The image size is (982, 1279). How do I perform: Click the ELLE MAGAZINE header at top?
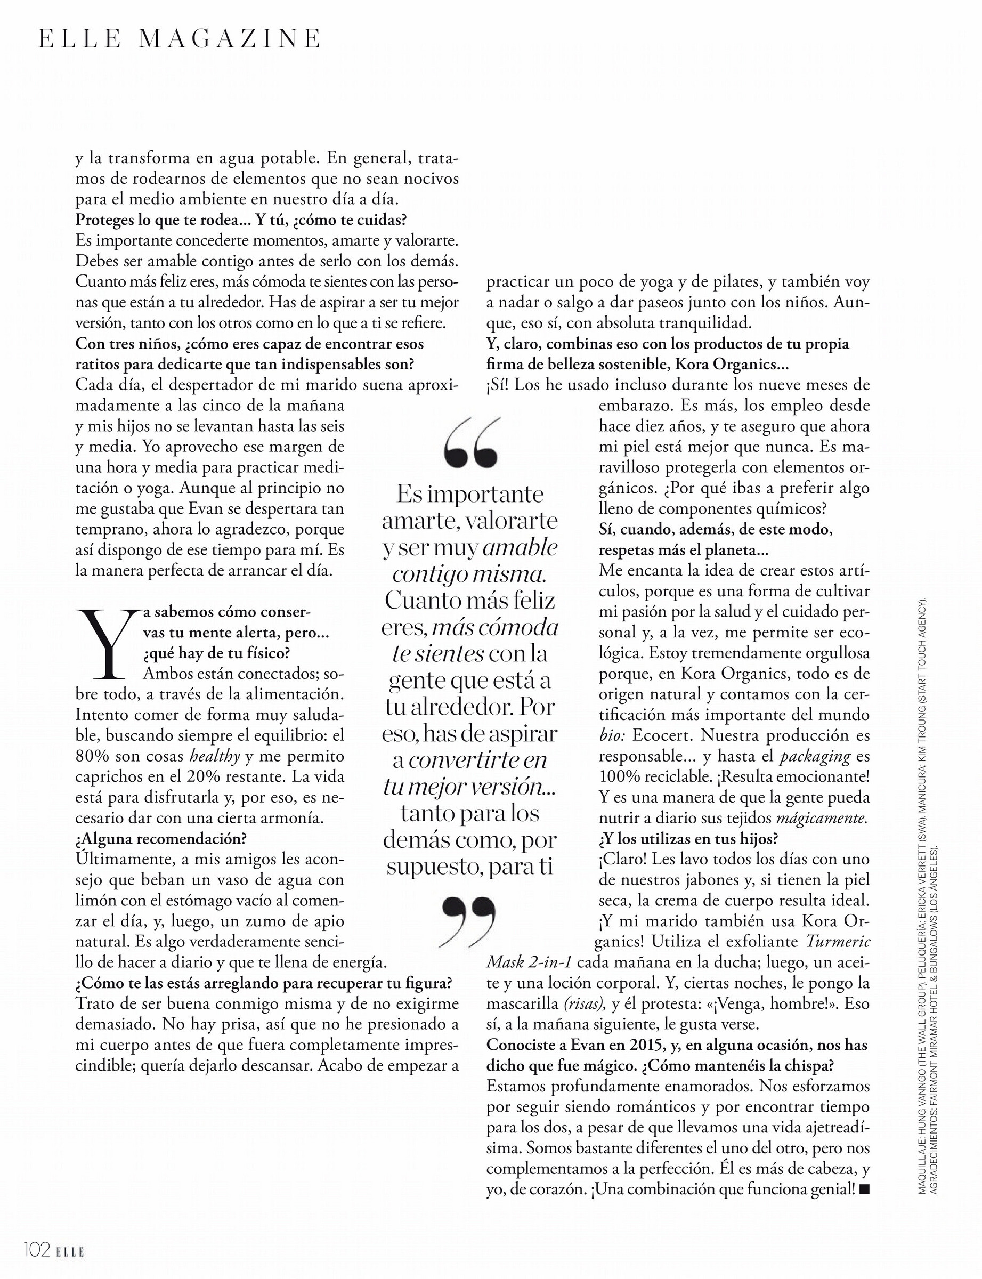pyautogui.click(x=180, y=38)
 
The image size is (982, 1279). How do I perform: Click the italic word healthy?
pyautogui.click(x=216, y=756)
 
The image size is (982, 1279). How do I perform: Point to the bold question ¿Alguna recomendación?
pyautogui.click(x=161, y=839)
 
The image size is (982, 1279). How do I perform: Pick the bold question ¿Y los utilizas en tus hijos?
pyautogui.click(x=688, y=839)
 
